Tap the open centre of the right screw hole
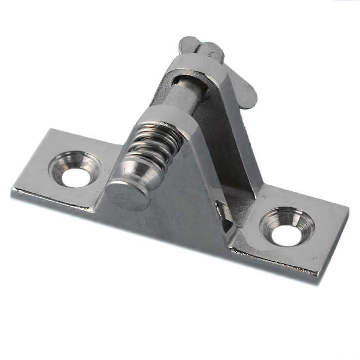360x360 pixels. pos(286,235)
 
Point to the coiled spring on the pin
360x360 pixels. pos(155,144)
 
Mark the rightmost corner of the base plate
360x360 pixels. pos(348,209)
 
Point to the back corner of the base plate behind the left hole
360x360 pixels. pos(50,130)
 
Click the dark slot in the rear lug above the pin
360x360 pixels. pos(180,77)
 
